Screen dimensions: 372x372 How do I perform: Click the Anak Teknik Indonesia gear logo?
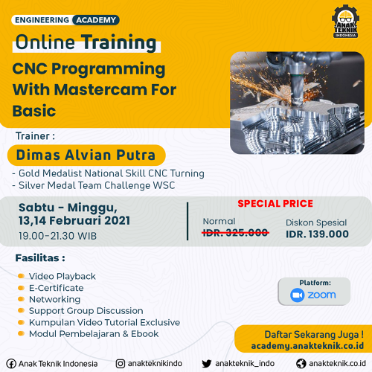(345, 22)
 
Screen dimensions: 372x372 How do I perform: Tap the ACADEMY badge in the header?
(96, 20)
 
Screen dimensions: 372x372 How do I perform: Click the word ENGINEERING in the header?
(42, 20)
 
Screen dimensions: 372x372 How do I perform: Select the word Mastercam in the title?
(100, 89)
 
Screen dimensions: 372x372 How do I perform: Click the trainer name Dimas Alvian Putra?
(86, 155)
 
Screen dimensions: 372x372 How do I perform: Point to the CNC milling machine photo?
(297, 103)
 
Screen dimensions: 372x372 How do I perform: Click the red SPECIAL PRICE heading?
(275, 204)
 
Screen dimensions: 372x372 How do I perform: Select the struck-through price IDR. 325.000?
(235, 233)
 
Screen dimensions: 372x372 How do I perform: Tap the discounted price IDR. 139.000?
(317, 234)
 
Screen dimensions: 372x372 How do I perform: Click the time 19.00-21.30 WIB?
(57, 236)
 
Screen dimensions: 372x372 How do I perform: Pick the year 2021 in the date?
(117, 221)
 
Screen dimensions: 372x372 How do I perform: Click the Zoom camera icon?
(298, 295)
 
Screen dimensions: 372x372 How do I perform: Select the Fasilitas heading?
(40, 258)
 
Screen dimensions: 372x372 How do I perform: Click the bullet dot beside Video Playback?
(21, 276)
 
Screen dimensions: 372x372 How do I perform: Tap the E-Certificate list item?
(57, 288)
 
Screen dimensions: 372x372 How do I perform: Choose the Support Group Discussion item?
(86, 311)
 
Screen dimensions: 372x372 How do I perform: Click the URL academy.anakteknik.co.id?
(307, 346)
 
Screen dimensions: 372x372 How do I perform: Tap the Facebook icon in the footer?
(11, 364)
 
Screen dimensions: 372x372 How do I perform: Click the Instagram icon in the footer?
(121, 364)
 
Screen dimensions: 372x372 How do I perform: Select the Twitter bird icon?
(207, 364)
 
